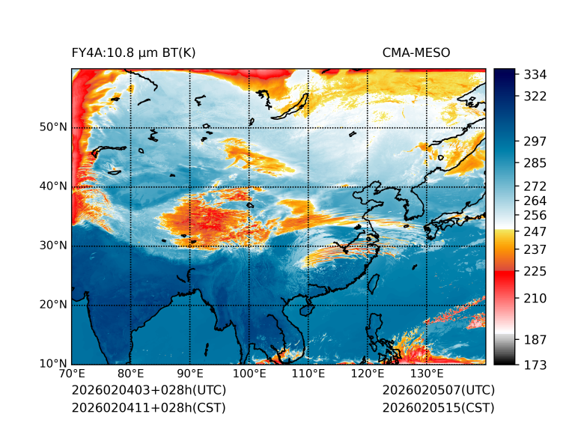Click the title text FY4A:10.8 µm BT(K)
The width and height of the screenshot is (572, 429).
133,52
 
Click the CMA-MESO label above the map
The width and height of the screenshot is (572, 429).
416,52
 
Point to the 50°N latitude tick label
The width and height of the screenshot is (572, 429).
52,127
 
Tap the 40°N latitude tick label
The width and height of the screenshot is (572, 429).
52,186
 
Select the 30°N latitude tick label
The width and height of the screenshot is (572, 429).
52,246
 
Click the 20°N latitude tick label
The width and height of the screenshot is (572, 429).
52,305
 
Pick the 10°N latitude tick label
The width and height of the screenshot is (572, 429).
52,364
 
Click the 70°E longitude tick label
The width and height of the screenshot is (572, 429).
72,374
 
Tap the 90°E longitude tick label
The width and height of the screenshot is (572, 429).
190,374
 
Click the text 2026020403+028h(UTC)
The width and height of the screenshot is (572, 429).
148,391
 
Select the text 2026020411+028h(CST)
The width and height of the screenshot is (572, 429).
148,407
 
